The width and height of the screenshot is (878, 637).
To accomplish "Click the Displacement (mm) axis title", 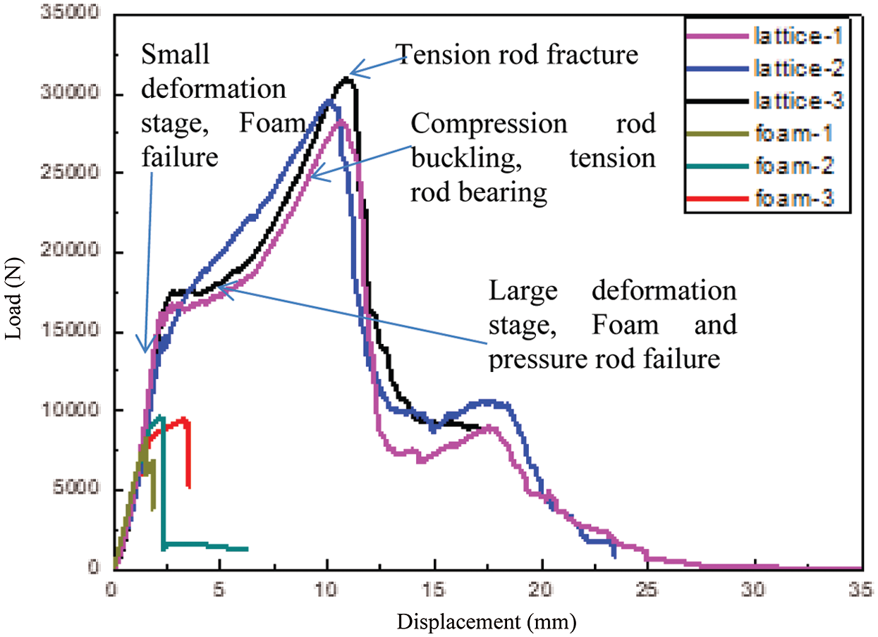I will coord(487,621).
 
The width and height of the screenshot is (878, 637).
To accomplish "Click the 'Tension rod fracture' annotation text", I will coord(517,54).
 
